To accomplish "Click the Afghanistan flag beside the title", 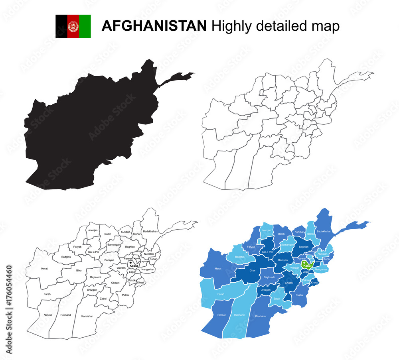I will (x=73, y=26).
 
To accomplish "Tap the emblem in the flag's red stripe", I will (x=73, y=26).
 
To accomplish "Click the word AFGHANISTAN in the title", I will (x=154, y=26).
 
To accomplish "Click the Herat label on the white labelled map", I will (x=44, y=268).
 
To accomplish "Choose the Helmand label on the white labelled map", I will (x=65, y=315).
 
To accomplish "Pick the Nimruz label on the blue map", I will (x=221, y=315).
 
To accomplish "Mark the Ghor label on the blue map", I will (x=252, y=270).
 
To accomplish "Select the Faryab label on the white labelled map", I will (x=77, y=247).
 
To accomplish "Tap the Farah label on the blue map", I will (x=221, y=294).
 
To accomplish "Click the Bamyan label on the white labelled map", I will (x=109, y=260).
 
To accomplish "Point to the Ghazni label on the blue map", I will (x=289, y=283).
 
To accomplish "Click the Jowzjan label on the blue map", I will (x=266, y=230).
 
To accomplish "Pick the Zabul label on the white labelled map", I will (x=103, y=298).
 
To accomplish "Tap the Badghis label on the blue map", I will (x=239, y=257).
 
